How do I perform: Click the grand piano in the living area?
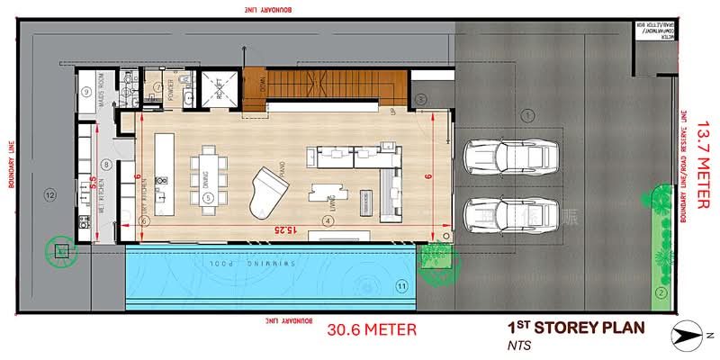pyautogui.click(x=271, y=184)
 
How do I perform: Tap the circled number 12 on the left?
pyautogui.click(x=50, y=195)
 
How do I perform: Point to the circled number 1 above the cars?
pyautogui.click(x=529, y=113)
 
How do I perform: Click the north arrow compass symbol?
pyautogui.click(x=688, y=334)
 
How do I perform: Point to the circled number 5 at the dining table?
pyautogui.click(x=207, y=197)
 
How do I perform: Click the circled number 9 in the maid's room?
pyautogui.click(x=87, y=92)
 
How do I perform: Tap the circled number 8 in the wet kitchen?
pyautogui.click(x=106, y=164)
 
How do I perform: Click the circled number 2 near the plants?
pyautogui.click(x=661, y=292)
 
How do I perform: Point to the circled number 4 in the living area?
pyautogui.click(x=328, y=220)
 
